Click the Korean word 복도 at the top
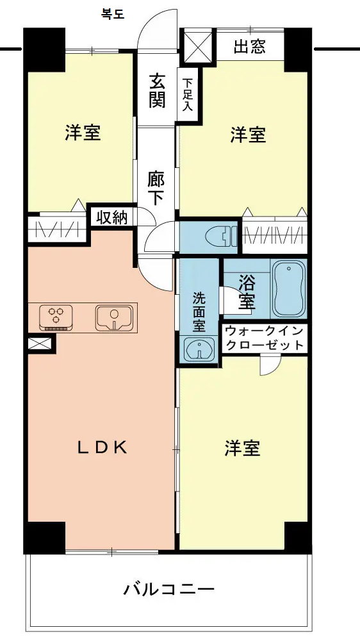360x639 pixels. (113, 15)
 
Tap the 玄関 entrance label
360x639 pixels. (157, 90)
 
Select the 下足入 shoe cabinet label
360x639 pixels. (187, 95)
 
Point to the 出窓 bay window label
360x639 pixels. (250, 47)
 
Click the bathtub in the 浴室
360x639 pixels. (289, 288)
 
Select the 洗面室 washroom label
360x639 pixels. (199, 312)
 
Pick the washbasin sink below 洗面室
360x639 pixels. (199, 349)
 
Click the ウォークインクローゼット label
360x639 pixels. (265, 338)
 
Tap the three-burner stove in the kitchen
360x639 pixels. (56, 317)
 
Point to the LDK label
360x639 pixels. (102, 448)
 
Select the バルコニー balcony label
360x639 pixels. (169, 588)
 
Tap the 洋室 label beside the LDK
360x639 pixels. (242, 448)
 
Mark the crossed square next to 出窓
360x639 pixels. (198, 46)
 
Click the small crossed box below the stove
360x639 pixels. (40, 343)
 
